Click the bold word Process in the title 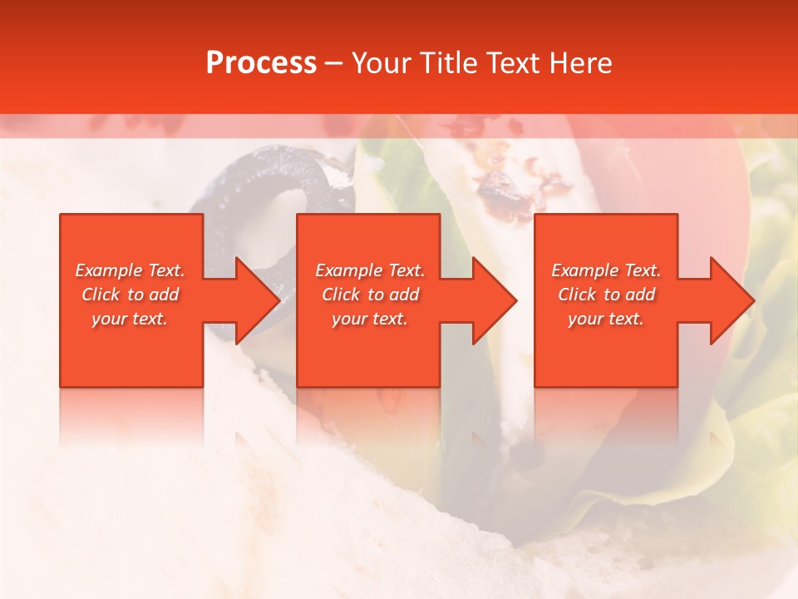261,63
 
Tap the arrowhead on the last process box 731,300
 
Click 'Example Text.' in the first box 130,270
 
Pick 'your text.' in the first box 130,319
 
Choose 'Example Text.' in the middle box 370,270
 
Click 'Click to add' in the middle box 370,295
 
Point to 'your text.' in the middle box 370,319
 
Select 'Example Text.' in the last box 606,270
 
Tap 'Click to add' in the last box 606,295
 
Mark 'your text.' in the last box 606,319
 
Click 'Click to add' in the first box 130,295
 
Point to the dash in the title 334,64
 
